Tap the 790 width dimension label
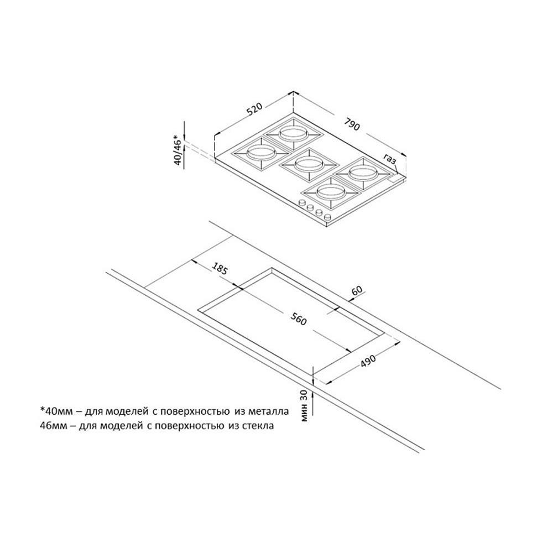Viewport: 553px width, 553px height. tap(353, 123)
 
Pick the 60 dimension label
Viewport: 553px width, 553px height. tap(357, 291)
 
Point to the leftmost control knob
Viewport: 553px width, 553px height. tap(302, 203)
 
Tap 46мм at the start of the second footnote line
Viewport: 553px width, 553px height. tap(55, 426)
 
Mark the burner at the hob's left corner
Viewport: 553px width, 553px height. tap(258, 153)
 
